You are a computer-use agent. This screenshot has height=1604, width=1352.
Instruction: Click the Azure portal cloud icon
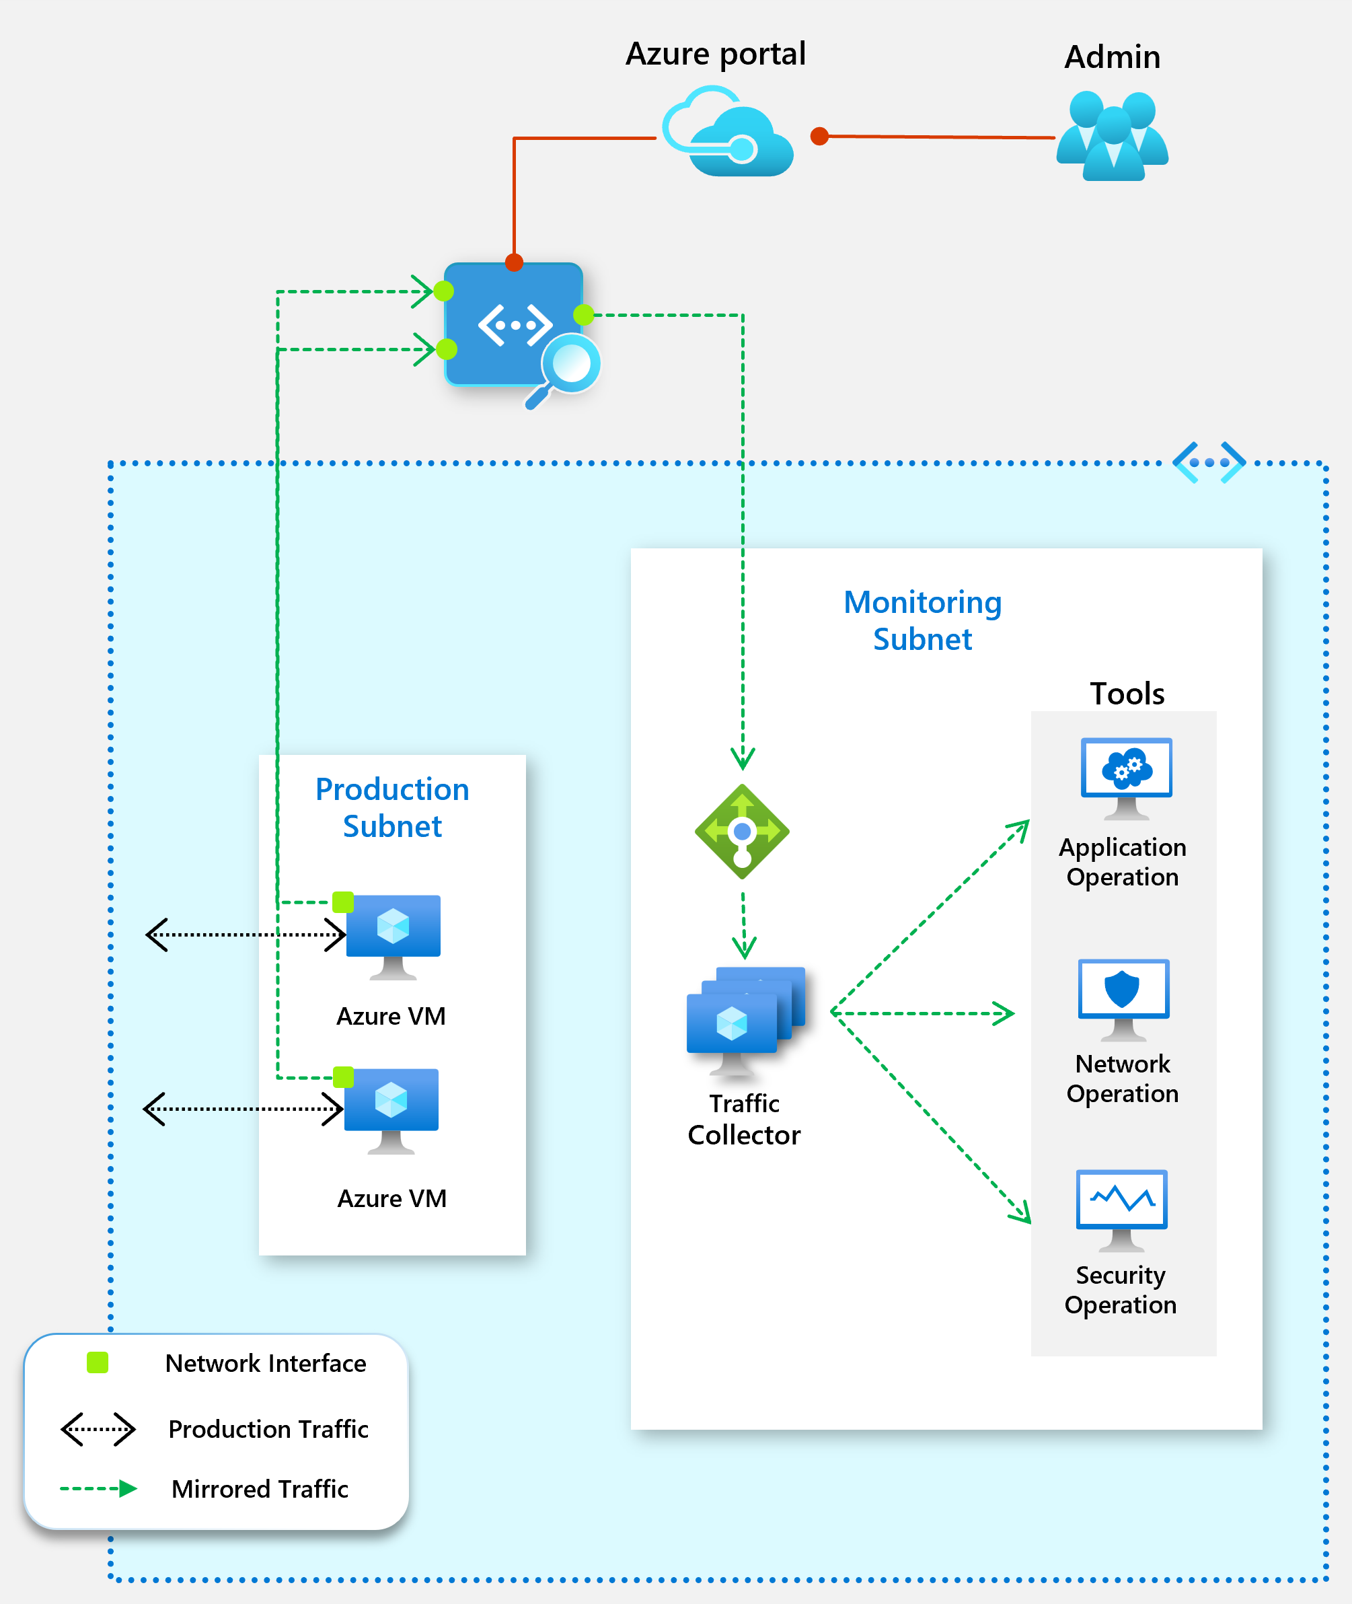coord(727,133)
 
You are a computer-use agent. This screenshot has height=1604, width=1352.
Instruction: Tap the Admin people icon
coord(1112,137)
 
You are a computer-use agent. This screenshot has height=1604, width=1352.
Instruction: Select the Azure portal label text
coord(715,54)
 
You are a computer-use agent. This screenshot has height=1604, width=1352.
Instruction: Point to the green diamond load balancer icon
coord(742,831)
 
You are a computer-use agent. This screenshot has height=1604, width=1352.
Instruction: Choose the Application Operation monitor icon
coord(1126,776)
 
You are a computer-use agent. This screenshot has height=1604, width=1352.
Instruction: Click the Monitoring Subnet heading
coord(922,620)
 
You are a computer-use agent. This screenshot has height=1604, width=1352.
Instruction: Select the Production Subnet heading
coord(392,807)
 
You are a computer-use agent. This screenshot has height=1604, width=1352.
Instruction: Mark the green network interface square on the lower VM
coord(343,1077)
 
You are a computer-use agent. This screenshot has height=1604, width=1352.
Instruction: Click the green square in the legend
coord(98,1362)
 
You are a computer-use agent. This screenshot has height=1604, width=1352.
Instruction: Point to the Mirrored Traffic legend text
coord(260,1488)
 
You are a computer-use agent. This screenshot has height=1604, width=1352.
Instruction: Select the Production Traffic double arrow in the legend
coord(98,1429)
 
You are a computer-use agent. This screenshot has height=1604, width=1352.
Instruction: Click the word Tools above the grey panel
coord(1127,693)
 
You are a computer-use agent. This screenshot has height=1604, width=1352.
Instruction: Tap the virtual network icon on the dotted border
coord(1209,462)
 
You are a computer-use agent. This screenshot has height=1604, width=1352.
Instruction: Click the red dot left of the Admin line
coord(819,137)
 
